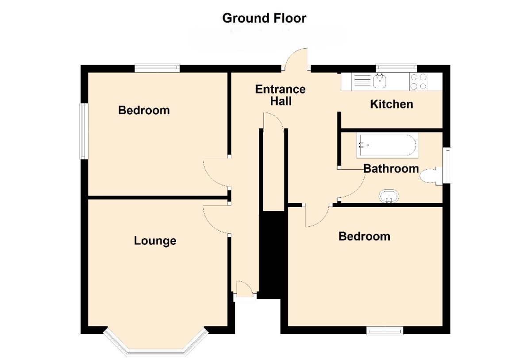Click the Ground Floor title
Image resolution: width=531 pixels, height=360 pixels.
pyautogui.click(x=264, y=18)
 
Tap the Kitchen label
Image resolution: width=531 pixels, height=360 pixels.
pyautogui.click(x=391, y=105)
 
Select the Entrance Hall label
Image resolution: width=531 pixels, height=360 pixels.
pyautogui.click(x=281, y=95)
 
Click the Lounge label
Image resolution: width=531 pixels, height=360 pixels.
pyautogui.click(x=155, y=241)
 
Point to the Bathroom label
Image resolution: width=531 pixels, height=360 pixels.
pyautogui.click(x=391, y=169)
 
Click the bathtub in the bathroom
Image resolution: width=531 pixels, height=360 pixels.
pyautogui.click(x=387, y=145)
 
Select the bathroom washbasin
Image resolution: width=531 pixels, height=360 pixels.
pyautogui.click(x=389, y=196)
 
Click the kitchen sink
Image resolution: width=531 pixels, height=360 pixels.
pyautogui.click(x=379, y=81)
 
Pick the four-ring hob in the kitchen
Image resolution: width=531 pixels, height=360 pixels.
pyautogui.click(x=419, y=81)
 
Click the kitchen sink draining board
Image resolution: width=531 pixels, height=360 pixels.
pyautogui.click(x=362, y=81)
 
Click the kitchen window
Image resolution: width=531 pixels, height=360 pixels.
pyautogui.click(x=396, y=67)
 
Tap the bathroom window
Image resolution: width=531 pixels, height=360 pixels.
pyautogui.click(x=447, y=165)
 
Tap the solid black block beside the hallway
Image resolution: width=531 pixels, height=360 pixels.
pyautogui.click(x=272, y=255)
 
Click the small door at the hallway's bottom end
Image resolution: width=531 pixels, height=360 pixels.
pyautogui.click(x=245, y=289)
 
